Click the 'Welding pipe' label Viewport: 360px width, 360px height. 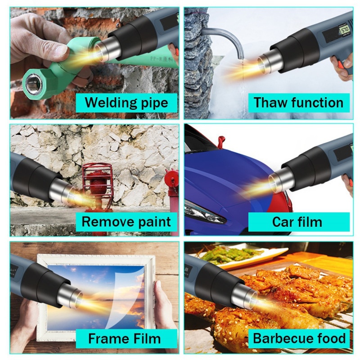126,102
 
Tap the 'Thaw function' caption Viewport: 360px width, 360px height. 298,102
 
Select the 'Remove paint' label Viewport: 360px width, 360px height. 126,221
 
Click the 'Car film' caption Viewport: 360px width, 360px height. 297,221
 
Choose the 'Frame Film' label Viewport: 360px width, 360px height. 124,338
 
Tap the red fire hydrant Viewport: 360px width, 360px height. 97,184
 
